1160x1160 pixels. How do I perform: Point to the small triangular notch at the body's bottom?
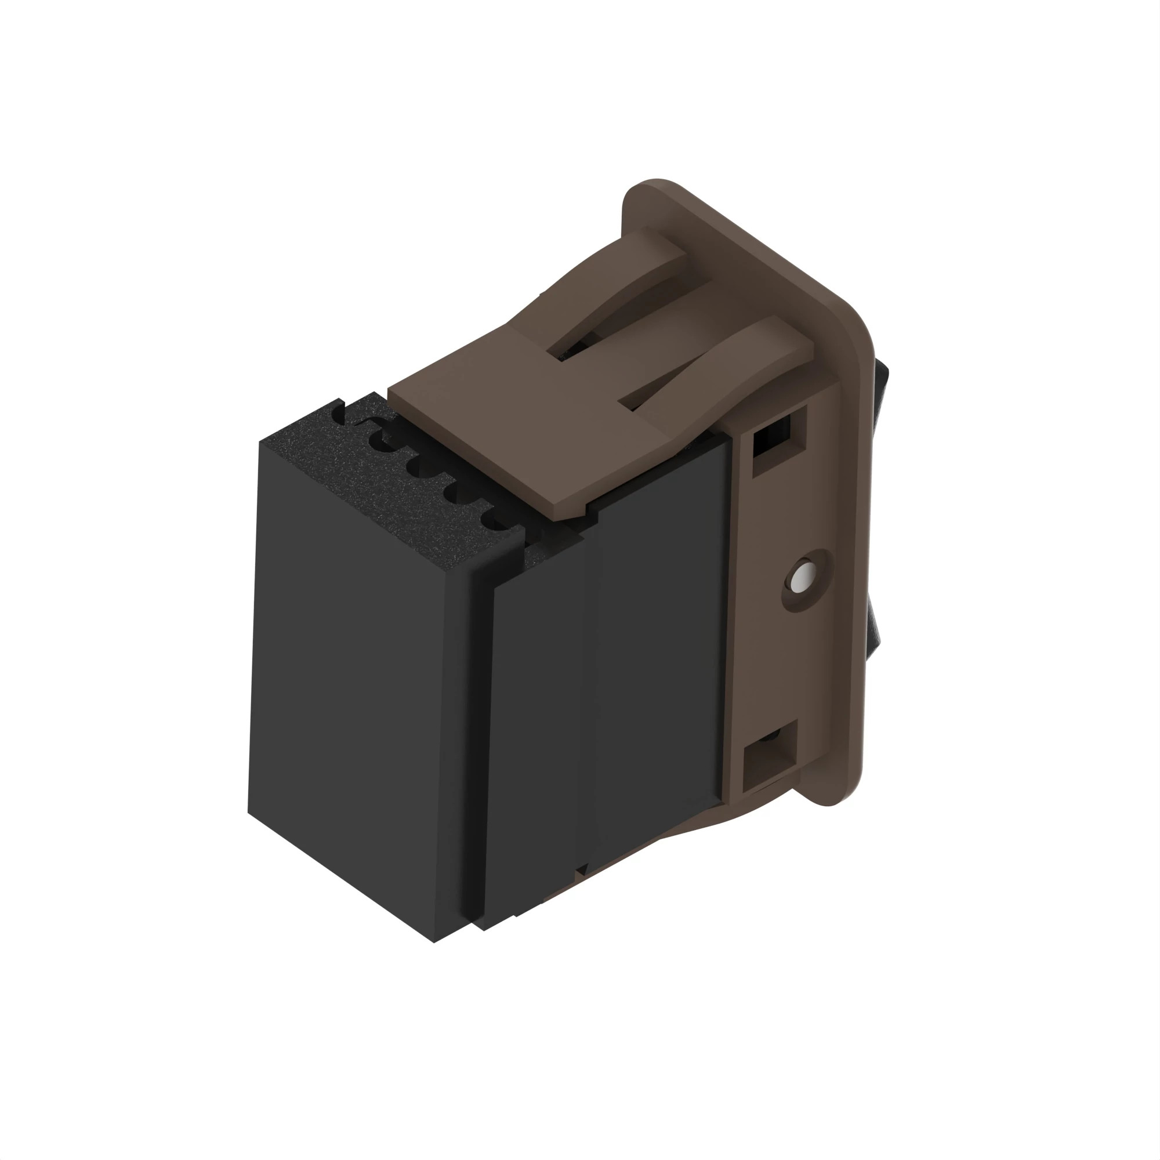click(581, 869)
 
